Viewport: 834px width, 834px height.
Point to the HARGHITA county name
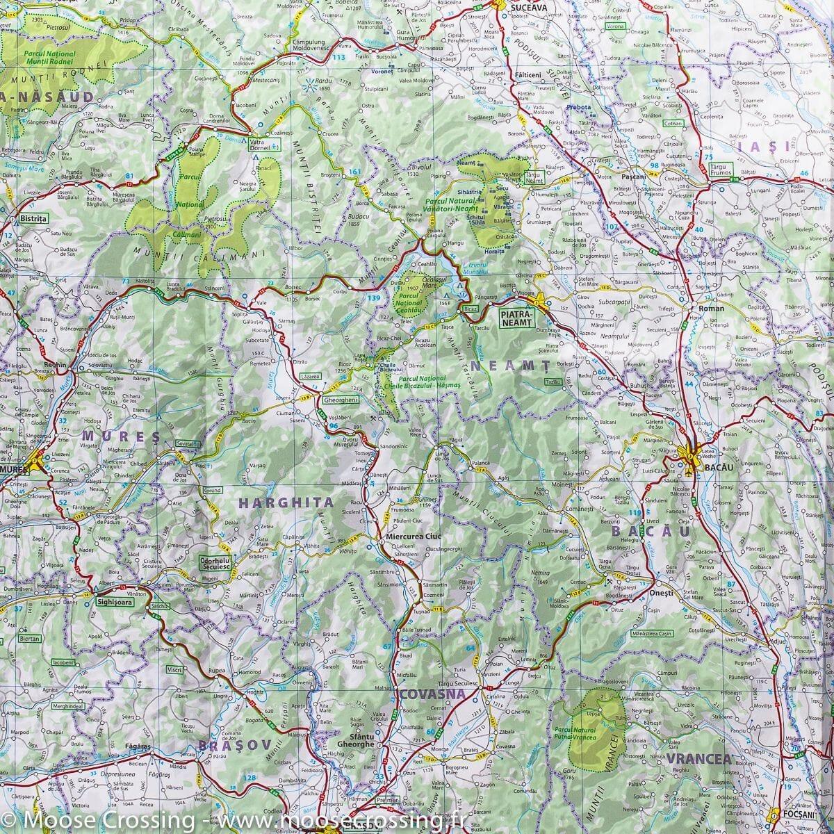[x=286, y=502]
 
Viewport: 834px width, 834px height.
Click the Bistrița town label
[x=33, y=218]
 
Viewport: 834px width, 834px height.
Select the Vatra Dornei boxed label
[x=264, y=143]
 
